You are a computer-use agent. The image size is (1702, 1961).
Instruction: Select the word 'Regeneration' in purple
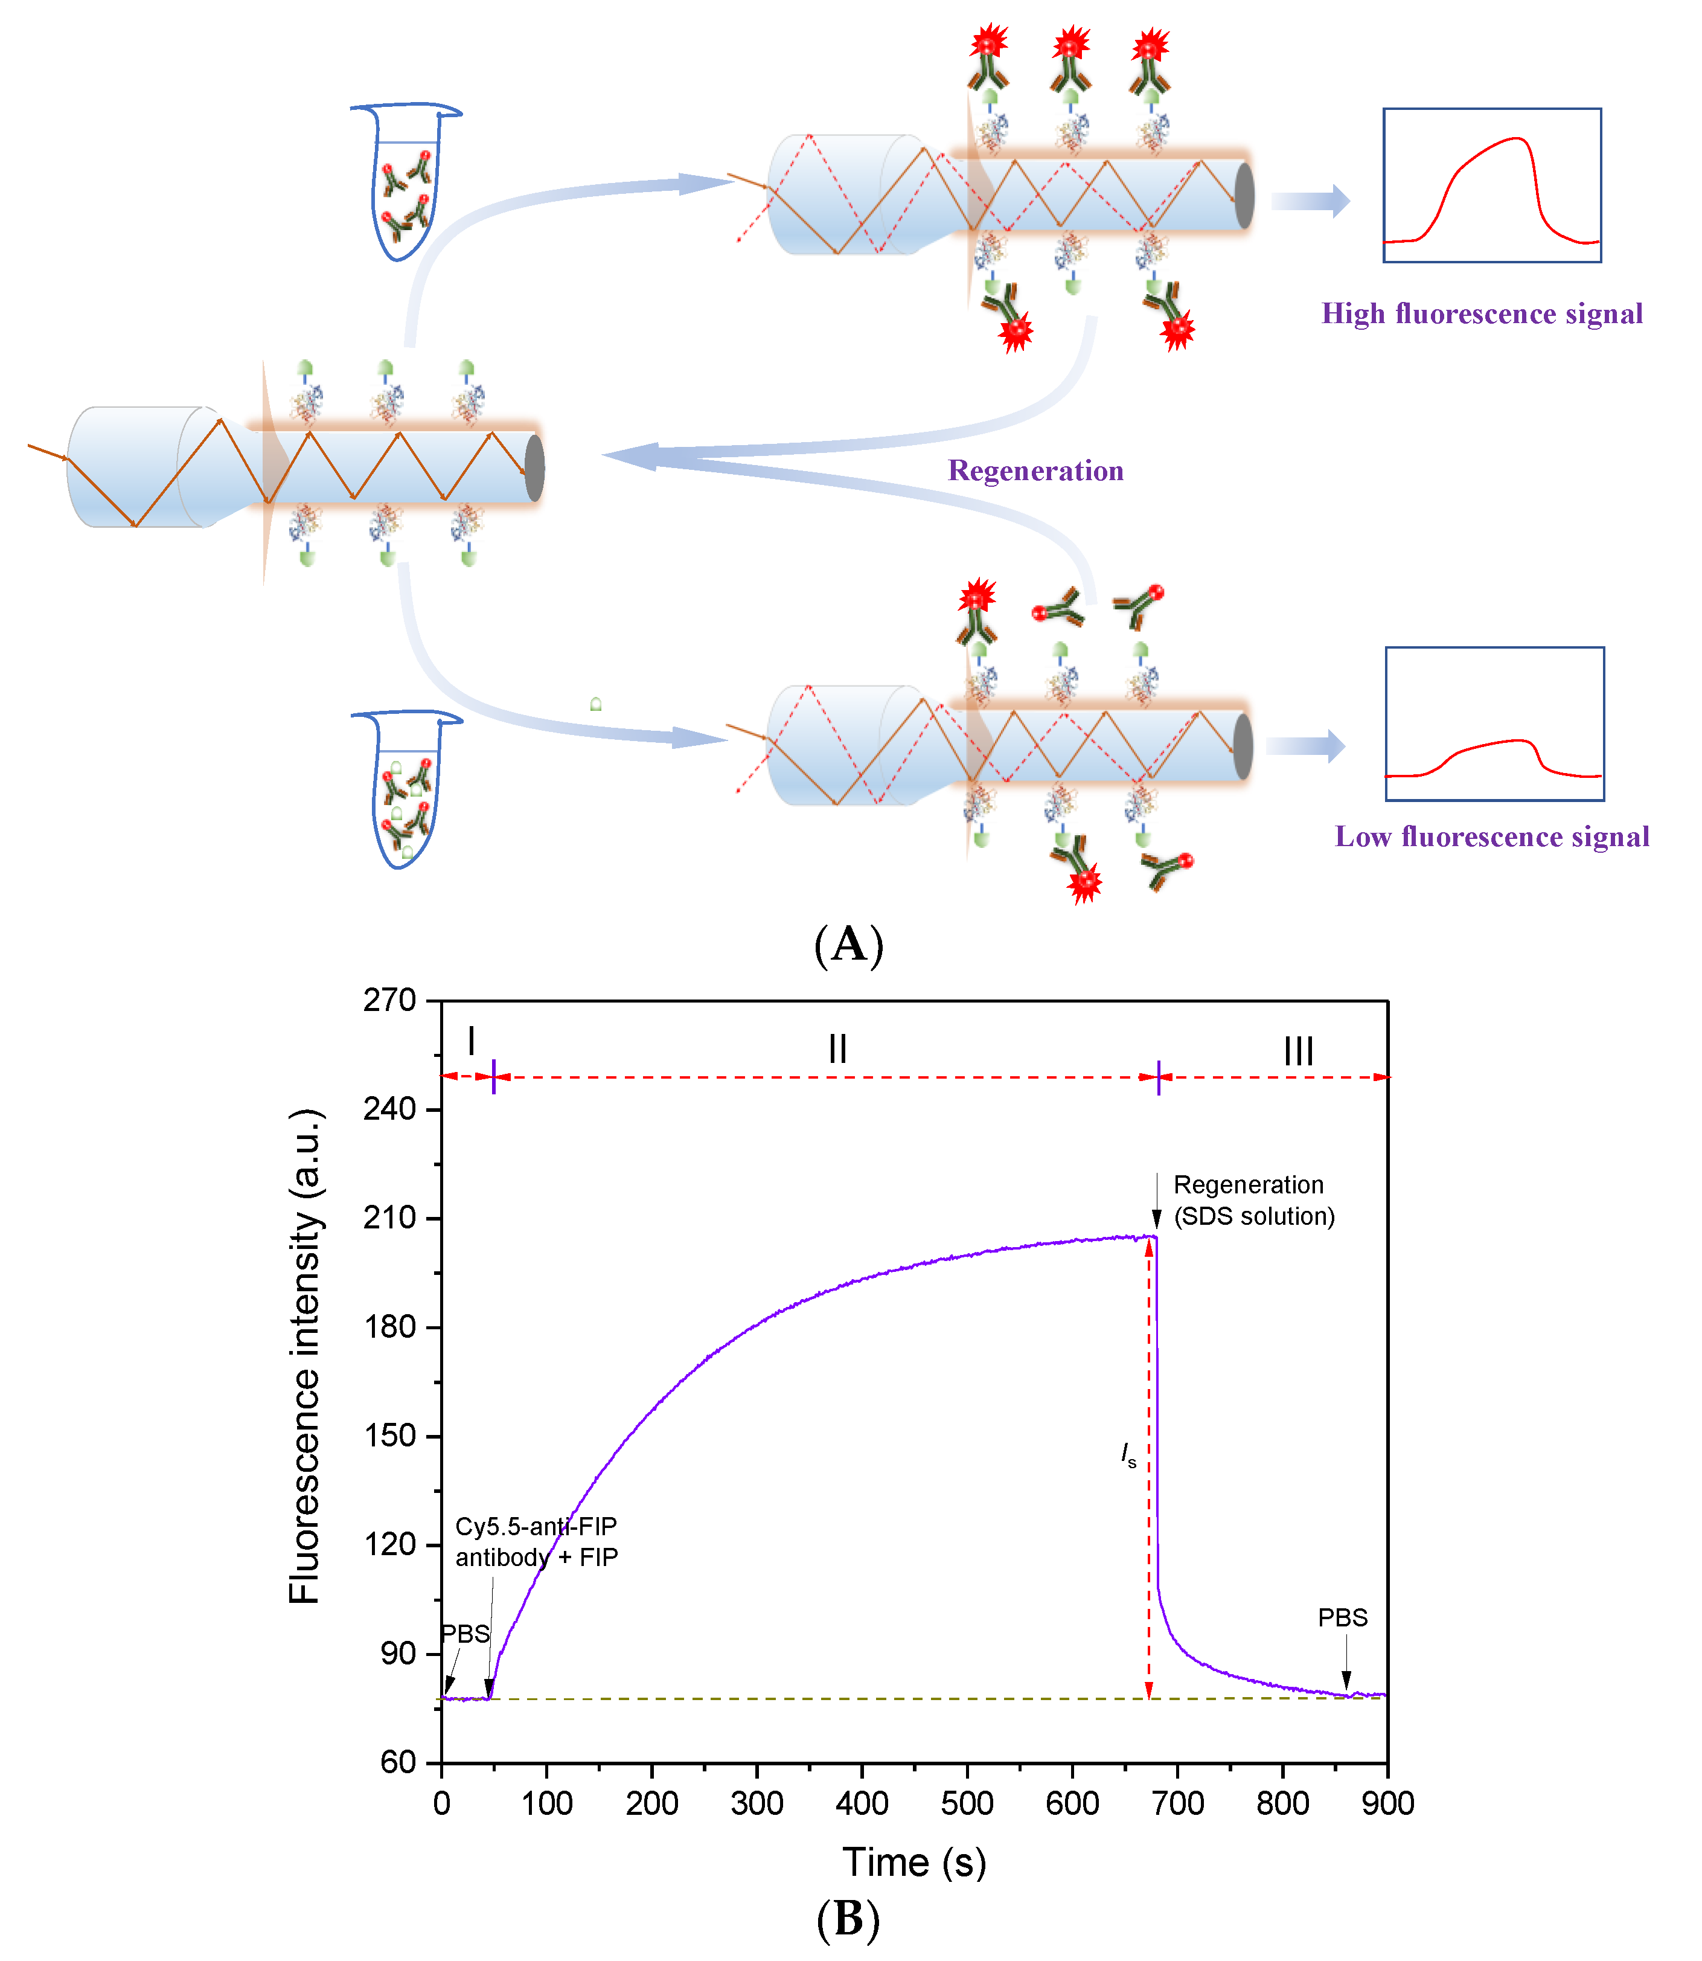(x=1035, y=470)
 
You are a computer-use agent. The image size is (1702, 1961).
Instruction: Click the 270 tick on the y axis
(x=391, y=1001)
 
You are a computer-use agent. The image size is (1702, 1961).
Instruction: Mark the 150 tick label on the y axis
(x=391, y=1436)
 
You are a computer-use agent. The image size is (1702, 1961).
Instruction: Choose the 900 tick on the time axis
(x=1387, y=1803)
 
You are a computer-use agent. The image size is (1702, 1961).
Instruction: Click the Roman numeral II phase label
(x=837, y=1049)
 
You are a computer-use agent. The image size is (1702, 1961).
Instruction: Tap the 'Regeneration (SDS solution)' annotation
(x=1253, y=1200)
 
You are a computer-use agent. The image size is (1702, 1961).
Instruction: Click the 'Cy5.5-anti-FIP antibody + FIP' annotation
(x=537, y=1541)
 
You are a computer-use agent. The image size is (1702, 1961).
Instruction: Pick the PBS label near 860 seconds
(x=1342, y=1617)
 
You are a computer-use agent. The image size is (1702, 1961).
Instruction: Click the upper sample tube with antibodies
(x=406, y=181)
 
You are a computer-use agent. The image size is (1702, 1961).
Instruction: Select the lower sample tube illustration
(x=406, y=789)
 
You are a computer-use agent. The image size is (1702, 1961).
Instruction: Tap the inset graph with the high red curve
(x=1491, y=185)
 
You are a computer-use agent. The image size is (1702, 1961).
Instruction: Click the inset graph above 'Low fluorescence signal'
(x=1494, y=724)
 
